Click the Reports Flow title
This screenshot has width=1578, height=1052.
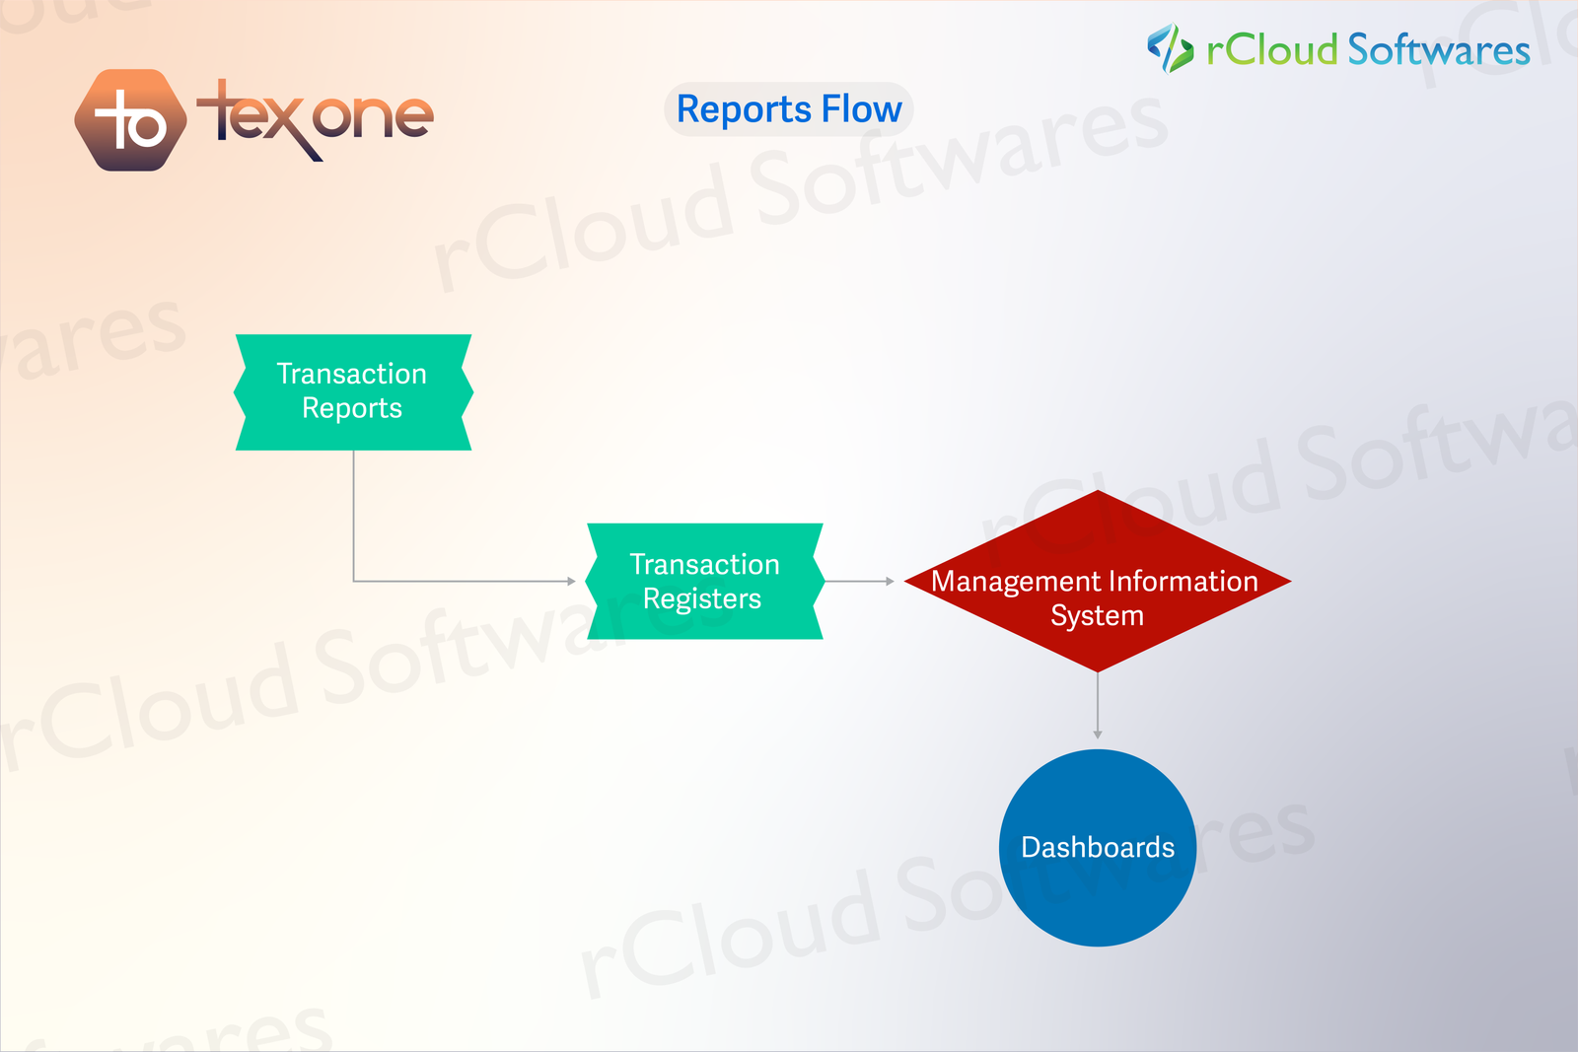789,109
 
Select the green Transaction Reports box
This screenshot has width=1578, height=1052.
353,392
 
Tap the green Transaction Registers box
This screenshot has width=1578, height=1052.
704,582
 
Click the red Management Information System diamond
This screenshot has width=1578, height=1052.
1098,582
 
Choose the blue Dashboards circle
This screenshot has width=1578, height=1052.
1098,848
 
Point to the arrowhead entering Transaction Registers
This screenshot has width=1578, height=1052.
572,582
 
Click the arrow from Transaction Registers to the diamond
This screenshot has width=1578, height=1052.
859,582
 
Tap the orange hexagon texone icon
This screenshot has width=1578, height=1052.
131,119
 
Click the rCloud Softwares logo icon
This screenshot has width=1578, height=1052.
1170,48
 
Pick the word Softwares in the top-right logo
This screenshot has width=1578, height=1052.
1439,50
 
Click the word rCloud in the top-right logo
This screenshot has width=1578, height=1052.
1271,50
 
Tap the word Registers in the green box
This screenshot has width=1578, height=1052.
702,599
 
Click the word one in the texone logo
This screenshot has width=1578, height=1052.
373,116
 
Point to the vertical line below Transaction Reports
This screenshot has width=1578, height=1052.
353,517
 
